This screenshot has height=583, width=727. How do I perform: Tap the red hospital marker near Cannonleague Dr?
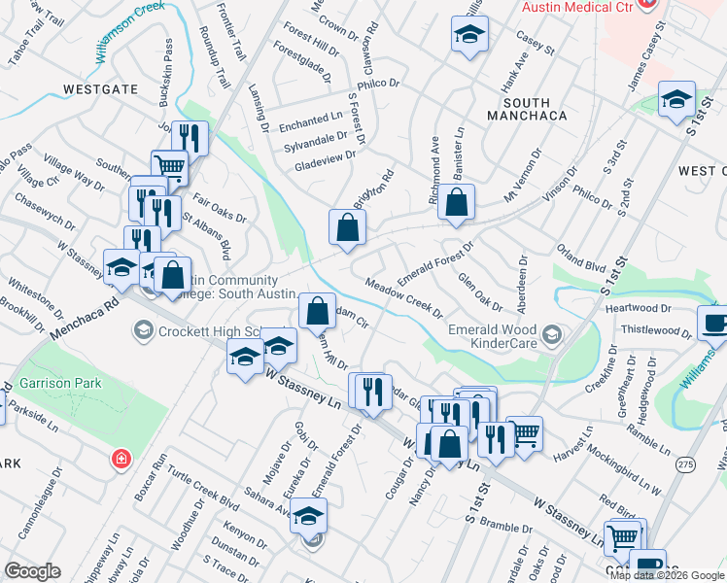click(121, 458)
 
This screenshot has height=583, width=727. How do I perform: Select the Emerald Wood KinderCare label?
click(493, 336)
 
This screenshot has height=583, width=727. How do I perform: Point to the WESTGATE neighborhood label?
click(99, 88)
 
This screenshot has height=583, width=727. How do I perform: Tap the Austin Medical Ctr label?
click(577, 6)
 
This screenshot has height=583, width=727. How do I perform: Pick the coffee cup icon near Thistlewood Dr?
click(714, 324)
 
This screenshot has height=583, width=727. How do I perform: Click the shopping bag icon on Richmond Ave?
click(456, 203)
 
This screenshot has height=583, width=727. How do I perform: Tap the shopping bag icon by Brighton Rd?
click(347, 228)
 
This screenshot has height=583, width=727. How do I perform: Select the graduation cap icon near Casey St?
click(469, 36)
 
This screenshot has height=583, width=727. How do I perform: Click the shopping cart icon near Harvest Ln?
click(524, 433)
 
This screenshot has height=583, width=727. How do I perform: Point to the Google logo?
click(32, 571)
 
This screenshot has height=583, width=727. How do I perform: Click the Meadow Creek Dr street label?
click(403, 298)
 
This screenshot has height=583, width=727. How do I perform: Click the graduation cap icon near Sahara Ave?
click(309, 516)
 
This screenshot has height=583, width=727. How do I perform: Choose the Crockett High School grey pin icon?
click(142, 331)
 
